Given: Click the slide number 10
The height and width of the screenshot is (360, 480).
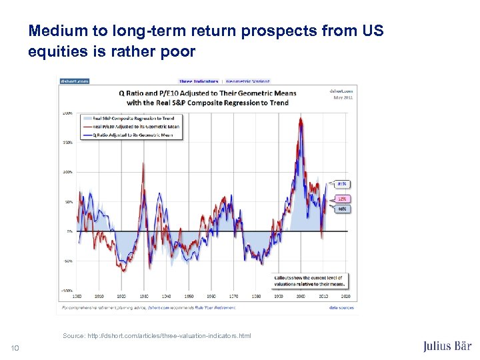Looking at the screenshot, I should point(15,346).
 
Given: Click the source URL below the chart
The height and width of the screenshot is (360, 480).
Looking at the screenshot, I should point(157,336).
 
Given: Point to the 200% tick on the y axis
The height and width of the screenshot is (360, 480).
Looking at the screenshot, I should point(67,113).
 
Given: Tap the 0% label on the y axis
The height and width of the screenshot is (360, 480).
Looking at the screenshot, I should point(69,231).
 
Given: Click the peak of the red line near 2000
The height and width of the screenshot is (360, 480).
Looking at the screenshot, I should point(301,120).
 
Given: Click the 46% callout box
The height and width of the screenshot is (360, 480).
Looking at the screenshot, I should point(341,209).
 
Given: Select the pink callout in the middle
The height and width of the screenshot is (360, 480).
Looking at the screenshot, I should point(341,199).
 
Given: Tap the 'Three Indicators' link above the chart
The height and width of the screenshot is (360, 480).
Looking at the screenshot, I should point(198,82).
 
